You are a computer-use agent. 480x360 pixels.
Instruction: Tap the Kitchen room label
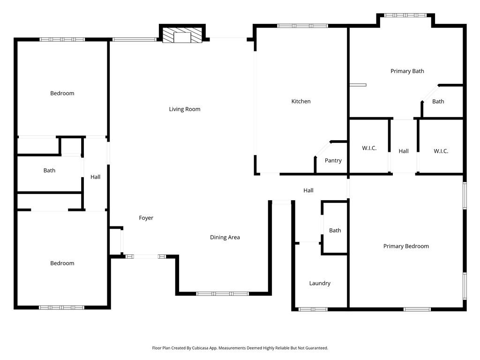(x=301, y=101)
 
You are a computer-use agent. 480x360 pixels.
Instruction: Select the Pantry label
(x=333, y=160)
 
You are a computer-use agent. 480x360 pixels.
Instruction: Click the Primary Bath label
(x=407, y=71)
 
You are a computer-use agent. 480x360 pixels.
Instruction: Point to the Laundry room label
(x=320, y=283)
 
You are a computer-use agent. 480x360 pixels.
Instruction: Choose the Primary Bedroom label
(x=406, y=246)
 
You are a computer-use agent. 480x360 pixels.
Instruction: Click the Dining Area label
(x=225, y=237)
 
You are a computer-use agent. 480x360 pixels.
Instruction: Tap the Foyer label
(x=146, y=218)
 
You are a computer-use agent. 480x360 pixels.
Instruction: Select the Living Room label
(x=185, y=109)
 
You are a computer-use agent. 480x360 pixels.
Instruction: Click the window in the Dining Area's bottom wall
(x=222, y=293)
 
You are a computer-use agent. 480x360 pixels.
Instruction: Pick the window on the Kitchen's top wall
(x=302, y=26)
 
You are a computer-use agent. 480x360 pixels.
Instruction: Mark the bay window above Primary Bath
(x=406, y=15)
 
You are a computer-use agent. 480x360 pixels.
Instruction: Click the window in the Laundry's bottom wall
(x=313, y=309)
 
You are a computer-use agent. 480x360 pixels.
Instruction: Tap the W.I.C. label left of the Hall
(x=369, y=149)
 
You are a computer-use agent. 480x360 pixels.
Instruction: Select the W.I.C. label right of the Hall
(x=441, y=151)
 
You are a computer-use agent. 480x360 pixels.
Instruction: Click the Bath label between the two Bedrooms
(x=49, y=171)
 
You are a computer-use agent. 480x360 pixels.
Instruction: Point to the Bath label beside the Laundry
(x=335, y=231)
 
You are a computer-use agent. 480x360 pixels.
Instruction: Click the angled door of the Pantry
(x=322, y=149)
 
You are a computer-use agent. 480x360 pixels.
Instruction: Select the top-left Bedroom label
(x=62, y=93)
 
